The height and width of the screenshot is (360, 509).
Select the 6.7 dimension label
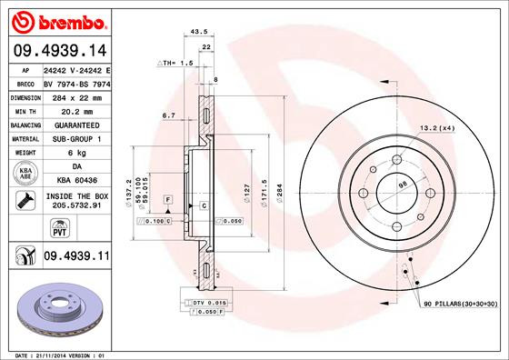click(x=168, y=115)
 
